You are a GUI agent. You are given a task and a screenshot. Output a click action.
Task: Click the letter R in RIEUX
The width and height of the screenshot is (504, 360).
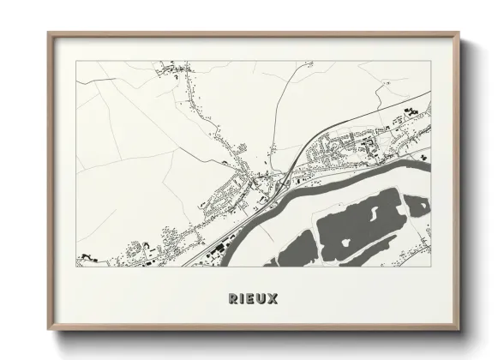point(233,298)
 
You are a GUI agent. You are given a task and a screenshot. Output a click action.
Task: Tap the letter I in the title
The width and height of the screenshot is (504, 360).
point(243,298)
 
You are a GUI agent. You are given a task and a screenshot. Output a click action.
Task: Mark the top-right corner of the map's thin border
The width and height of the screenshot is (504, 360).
point(430,60)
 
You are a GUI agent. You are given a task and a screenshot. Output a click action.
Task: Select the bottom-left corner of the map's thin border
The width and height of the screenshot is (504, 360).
point(76,267)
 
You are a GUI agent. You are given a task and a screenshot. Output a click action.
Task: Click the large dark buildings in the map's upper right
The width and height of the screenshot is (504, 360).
point(409,110)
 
